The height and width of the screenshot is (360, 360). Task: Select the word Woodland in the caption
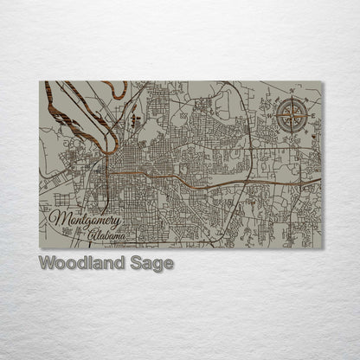tap(76, 263)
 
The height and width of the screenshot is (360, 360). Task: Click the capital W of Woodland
tap(46, 263)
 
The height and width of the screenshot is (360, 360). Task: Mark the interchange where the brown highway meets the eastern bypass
tap(251, 184)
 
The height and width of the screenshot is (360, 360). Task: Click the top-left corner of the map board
tap(41, 81)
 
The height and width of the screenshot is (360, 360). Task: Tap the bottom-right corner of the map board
tap(323, 248)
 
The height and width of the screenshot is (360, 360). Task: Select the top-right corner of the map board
tap(323, 81)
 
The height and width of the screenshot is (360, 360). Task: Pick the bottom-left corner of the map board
tap(41, 248)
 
